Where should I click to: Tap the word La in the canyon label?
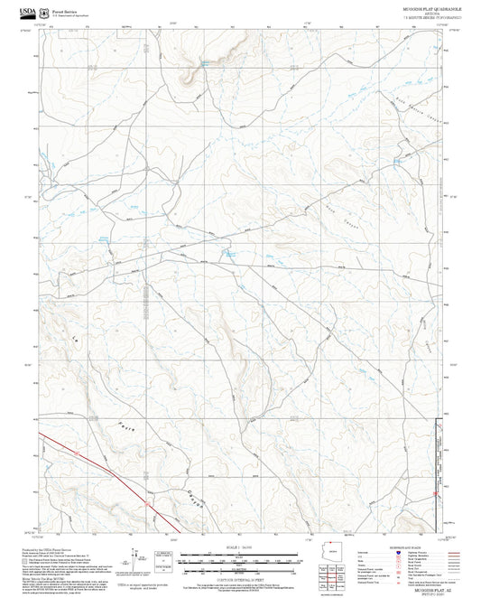(75, 339)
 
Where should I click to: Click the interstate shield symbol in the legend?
(397, 553)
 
